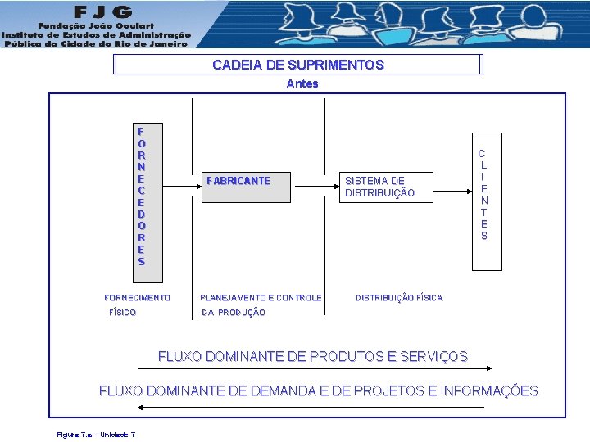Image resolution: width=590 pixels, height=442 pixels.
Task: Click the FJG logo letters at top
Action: tap(103, 11)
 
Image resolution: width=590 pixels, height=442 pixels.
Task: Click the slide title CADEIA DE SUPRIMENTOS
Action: tap(297, 65)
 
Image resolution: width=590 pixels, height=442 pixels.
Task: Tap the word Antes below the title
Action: tap(302, 83)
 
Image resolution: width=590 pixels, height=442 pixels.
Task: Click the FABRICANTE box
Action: tap(238, 181)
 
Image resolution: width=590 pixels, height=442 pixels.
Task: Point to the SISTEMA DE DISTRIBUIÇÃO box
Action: tap(379, 187)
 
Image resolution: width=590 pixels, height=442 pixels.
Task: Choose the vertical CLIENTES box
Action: tap(483, 195)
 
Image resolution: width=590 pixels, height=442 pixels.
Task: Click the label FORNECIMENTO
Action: tap(138, 298)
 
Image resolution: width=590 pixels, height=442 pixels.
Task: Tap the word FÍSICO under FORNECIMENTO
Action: tap(123, 313)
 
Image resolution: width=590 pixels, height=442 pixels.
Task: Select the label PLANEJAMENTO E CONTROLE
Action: tap(261, 298)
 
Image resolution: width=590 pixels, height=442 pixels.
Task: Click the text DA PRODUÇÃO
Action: tap(234, 313)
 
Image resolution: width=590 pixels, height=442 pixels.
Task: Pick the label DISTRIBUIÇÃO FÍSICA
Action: tap(399, 298)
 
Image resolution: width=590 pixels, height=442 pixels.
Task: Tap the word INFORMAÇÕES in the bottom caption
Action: tap(489, 390)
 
